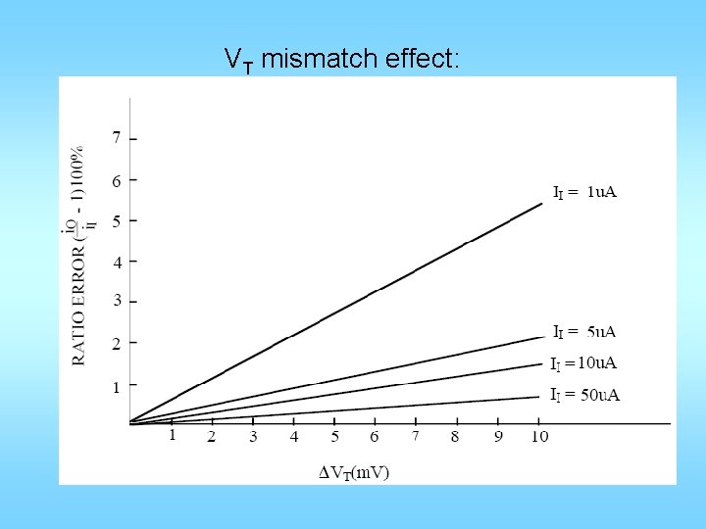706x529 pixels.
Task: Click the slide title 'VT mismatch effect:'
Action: pos(341,60)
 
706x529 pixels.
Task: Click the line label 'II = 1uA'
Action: pos(584,192)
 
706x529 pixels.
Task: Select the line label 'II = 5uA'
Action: pos(584,332)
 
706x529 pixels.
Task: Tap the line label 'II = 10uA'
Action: pos(583,363)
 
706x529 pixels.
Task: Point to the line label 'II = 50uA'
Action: pos(584,395)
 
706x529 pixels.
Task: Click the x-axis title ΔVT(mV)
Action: pos(354,472)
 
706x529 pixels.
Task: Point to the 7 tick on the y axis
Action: pos(117,138)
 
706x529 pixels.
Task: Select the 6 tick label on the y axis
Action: pos(117,180)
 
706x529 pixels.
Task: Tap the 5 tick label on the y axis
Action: pos(117,221)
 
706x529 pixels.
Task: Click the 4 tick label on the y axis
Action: pos(117,263)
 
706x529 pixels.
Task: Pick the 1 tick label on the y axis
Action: pos(117,387)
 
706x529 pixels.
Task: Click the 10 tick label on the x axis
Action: pos(538,436)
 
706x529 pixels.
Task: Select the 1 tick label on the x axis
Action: pos(172,435)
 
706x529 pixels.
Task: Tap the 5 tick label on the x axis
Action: pos(334,436)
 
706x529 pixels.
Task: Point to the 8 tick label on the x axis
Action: pos(456,436)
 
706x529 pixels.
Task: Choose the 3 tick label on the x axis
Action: pos(253,436)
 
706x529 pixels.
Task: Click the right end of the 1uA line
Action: pos(542,204)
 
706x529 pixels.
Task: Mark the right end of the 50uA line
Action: pos(539,397)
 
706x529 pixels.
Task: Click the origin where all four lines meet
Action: pos(131,422)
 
